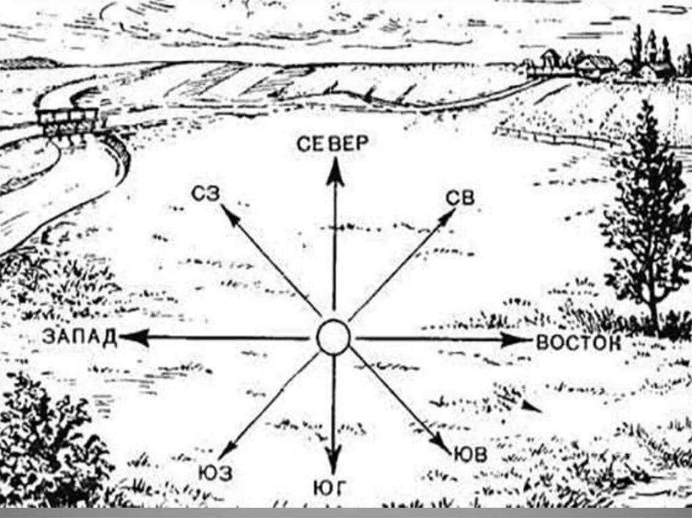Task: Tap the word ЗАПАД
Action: (x=79, y=336)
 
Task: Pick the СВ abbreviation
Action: (x=461, y=199)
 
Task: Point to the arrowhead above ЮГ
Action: (x=333, y=463)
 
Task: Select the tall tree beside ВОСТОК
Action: (x=645, y=223)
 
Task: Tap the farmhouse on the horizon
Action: (x=595, y=66)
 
